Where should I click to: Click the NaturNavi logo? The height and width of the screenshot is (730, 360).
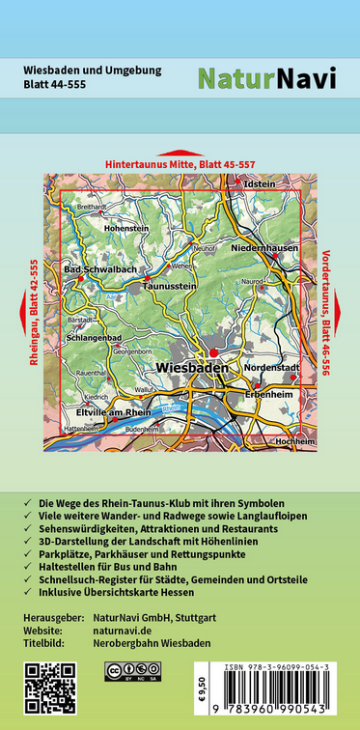[x=267, y=79]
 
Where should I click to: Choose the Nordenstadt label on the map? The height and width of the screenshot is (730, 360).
[x=297, y=368]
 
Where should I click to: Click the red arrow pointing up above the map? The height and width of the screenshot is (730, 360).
[x=180, y=154]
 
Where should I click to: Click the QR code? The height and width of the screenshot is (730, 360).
[x=49, y=688]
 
